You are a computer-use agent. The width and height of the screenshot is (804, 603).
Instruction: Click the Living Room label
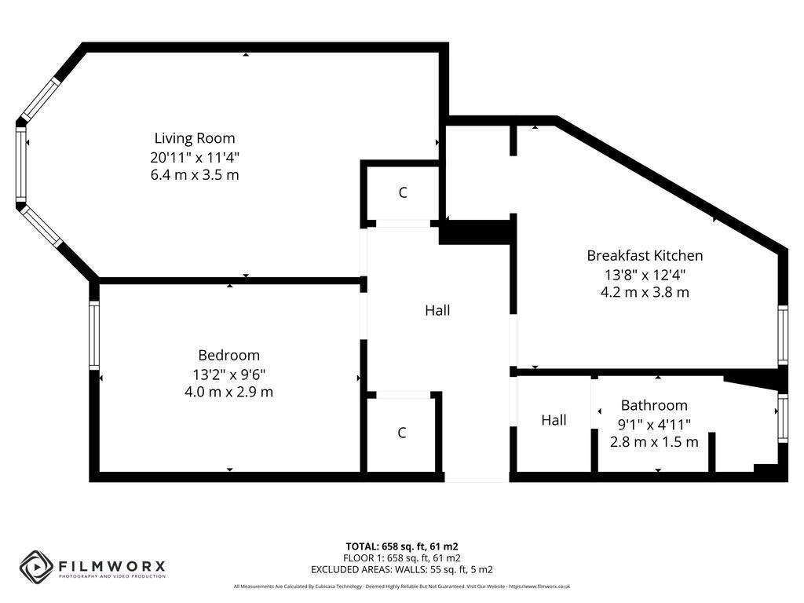(x=194, y=138)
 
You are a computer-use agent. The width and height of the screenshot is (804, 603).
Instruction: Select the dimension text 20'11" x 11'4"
(x=194, y=157)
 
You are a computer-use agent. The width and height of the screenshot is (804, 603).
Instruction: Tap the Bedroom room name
(x=228, y=355)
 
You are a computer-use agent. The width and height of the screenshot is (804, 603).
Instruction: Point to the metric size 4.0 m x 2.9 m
(x=228, y=391)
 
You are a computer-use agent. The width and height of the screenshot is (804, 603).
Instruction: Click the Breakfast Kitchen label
(x=645, y=255)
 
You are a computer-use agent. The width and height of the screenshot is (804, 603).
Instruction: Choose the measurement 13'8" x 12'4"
(x=645, y=274)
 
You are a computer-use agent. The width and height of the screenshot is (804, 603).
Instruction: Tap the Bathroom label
(x=653, y=405)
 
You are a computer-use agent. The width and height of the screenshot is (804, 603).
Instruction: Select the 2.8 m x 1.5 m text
(x=653, y=441)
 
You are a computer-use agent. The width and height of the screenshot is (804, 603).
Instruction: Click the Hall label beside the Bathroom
(x=554, y=420)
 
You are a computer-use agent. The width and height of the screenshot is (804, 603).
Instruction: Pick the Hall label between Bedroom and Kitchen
(x=437, y=310)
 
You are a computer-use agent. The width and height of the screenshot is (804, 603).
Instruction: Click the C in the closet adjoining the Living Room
(x=402, y=192)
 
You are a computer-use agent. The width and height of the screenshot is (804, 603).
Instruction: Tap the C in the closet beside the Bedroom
(x=401, y=432)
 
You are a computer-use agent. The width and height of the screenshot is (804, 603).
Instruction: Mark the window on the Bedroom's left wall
(x=94, y=335)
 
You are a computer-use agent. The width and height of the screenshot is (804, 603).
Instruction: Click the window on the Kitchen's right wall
(x=782, y=335)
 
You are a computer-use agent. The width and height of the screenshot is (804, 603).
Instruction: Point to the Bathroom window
(x=782, y=418)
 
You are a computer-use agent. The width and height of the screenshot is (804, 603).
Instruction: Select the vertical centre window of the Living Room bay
(x=21, y=165)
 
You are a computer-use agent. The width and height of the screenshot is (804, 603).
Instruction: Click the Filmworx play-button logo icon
(x=36, y=565)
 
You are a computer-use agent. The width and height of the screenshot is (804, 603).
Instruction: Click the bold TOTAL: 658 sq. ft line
(x=401, y=546)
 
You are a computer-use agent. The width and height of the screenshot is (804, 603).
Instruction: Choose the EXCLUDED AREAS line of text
(x=401, y=569)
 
